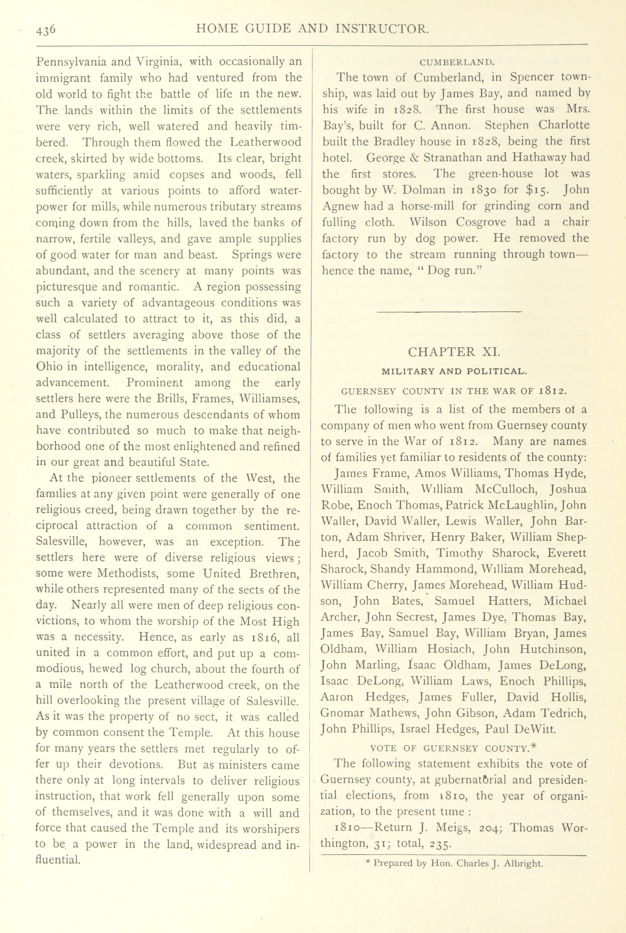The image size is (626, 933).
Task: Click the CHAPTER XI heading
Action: [454, 352]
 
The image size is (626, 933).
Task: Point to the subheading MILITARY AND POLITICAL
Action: [454, 371]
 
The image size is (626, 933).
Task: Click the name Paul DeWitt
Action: [520, 729]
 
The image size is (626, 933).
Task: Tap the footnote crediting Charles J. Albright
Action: [454, 863]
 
